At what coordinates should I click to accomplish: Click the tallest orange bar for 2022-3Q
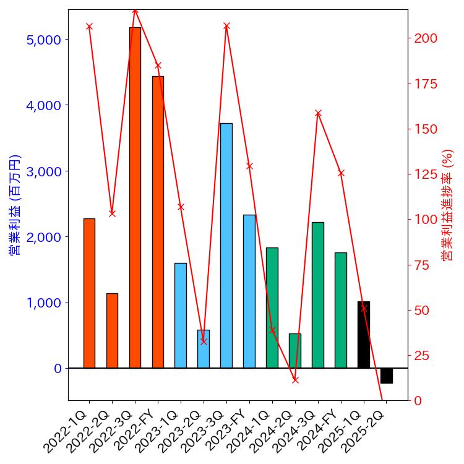(x=135, y=198)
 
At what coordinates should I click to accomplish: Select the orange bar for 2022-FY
(x=158, y=223)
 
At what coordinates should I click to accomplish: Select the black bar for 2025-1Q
(x=364, y=335)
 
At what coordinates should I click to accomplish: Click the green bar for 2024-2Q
(x=295, y=351)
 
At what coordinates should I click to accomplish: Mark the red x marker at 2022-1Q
(x=89, y=27)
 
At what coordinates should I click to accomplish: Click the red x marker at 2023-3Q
(x=226, y=26)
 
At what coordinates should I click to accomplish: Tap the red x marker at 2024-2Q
(x=295, y=380)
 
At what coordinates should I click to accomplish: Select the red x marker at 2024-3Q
(x=318, y=113)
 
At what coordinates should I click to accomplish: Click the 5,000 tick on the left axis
(x=44, y=40)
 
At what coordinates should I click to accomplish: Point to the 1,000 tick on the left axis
(x=44, y=303)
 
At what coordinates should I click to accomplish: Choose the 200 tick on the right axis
(x=426, y=38)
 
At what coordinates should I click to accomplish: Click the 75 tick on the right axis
(x=423, y=265)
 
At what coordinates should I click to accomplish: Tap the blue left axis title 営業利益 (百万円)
(x=14, y=204)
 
